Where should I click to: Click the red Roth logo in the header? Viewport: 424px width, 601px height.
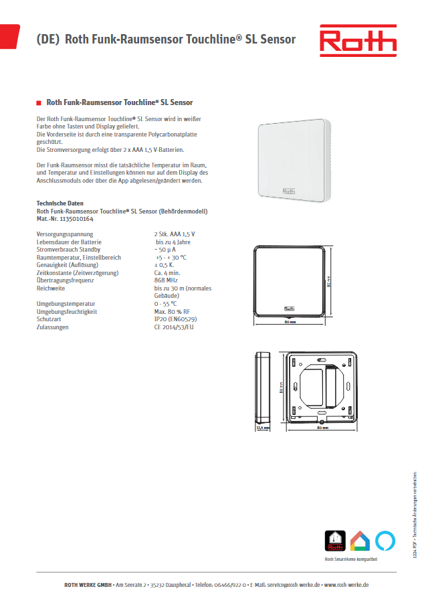point(357,39)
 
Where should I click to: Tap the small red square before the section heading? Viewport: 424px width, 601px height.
point(38,102)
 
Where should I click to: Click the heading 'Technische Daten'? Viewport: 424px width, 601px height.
point(60,203)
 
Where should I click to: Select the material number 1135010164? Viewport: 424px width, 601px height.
point(76,218)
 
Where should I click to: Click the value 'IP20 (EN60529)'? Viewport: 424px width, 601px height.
point(175,319)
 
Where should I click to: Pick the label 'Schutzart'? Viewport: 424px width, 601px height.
point(49,319)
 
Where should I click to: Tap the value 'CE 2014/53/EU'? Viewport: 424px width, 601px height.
point(174,327)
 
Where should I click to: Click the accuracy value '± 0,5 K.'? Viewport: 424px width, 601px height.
point(165,265)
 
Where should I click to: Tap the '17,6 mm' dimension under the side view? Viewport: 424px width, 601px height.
point(262,426)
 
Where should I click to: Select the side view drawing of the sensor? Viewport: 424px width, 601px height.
point(261,386)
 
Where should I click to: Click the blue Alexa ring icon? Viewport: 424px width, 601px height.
point(385,521)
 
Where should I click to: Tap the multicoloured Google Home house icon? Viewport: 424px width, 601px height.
point(360,521)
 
